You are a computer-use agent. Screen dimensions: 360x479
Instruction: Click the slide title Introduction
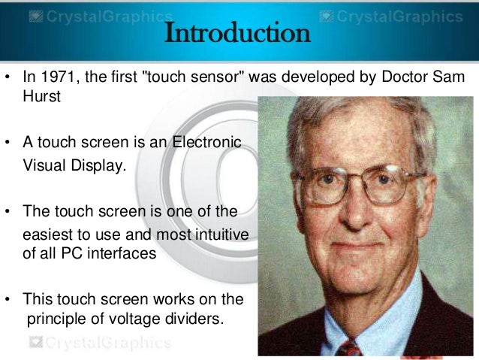tap(236, 34)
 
